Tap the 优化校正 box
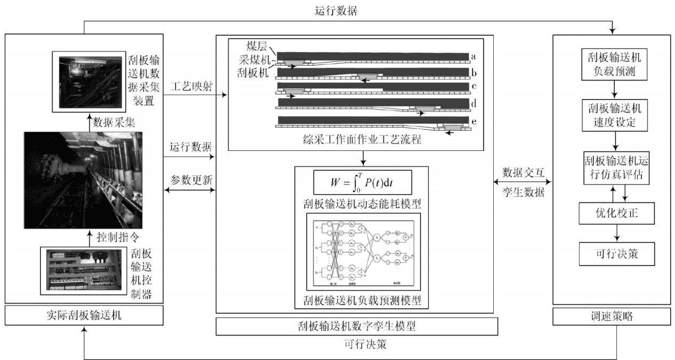[x=616, y=214]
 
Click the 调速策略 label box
[x=612, y=316]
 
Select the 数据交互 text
[x=524, y=173]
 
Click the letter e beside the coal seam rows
[x=473, y=122]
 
